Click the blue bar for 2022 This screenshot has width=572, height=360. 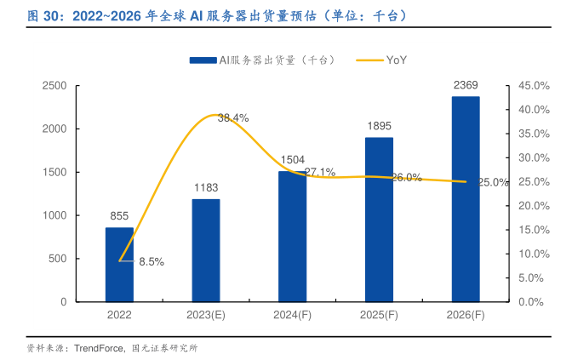[x=119, y=265]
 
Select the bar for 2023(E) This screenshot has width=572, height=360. [x=206, y=250]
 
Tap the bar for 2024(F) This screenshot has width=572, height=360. [x=292, y=237]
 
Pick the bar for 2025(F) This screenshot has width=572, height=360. [x=379, y=220]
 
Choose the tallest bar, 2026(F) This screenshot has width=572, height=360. [x=466, y=199]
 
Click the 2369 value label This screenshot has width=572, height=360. [x=466, y=85]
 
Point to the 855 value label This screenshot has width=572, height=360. [x=119, y=216]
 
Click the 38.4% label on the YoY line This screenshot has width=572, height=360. [x=233, y=118]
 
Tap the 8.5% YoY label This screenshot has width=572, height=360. [x=152, y=262]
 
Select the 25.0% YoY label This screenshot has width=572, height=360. [x=494, y=182]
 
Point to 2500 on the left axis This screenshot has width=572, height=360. [x=54, y=86]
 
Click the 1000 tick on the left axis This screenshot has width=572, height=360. [x=54, y=215]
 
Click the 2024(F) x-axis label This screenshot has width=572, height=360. [x=292, y=315]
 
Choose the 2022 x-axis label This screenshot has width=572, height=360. [x=119, y=315]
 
